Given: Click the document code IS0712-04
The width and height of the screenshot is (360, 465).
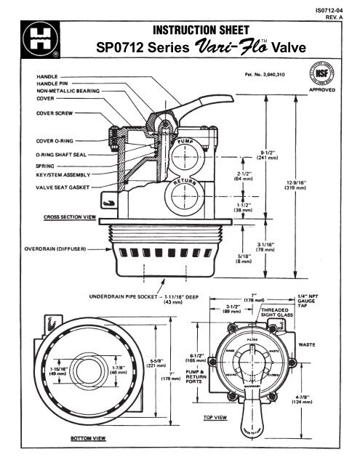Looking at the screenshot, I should [x=337, y=8].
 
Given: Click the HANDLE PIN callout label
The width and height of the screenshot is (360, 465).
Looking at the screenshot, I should [x=47, y=83].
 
